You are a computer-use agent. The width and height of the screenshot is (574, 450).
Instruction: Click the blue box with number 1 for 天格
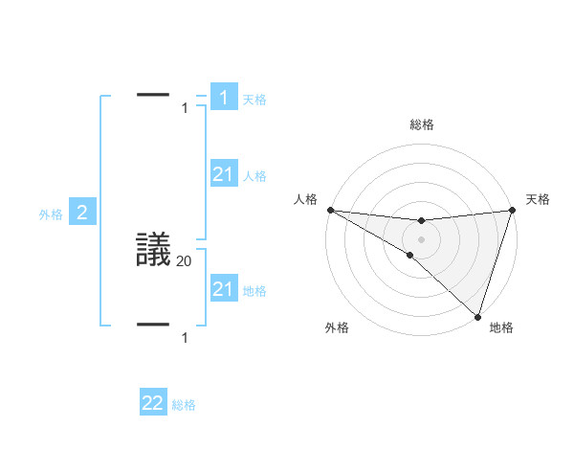(224, 98)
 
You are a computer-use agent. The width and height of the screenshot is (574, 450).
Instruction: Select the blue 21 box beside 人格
(224, 174)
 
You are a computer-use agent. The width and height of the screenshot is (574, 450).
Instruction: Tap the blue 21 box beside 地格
(224, 289)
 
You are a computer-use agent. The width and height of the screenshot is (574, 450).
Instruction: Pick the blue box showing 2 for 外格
(82, 213)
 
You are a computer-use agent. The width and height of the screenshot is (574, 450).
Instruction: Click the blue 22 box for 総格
(153, 403)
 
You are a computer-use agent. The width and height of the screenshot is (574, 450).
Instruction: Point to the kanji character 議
(154, 251)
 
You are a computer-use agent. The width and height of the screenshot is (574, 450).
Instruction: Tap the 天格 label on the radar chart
(538, 199)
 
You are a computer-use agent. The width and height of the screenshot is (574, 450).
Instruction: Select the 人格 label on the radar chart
(304, 199)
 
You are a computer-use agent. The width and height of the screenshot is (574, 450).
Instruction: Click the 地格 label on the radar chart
(501, 327)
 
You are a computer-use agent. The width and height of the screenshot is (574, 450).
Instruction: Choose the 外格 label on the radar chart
(337, 327)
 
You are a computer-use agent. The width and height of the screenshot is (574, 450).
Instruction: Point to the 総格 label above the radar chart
(421, 124)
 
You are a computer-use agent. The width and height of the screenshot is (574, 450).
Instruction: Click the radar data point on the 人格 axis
(330, 210)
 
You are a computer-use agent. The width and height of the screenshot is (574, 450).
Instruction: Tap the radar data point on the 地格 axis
(477, 316)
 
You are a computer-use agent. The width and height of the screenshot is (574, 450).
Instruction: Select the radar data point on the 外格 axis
(409, 255)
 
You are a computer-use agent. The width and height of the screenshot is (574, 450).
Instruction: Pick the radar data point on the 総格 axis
(421, 221)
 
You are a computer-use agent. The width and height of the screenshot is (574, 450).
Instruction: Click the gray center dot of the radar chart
(421, 239)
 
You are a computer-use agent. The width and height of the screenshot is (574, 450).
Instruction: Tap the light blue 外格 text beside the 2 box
(51, 215)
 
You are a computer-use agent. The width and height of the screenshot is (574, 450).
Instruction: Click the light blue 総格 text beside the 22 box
(184, 406)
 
